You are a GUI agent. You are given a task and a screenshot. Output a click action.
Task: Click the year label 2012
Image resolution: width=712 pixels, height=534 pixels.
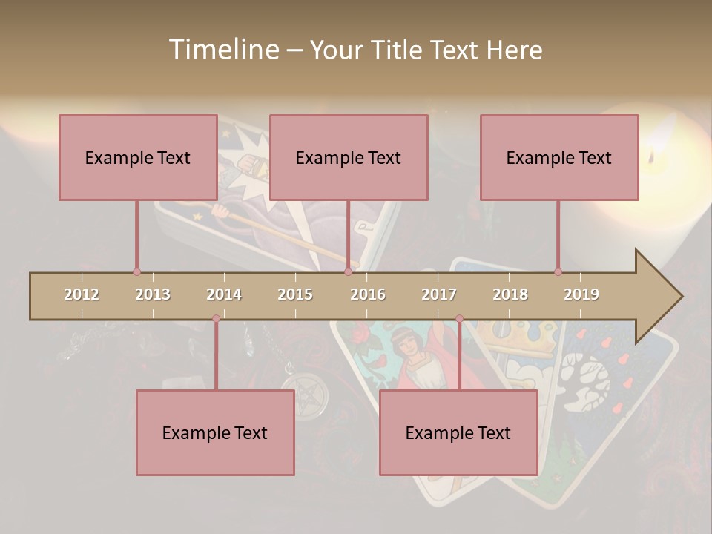82,294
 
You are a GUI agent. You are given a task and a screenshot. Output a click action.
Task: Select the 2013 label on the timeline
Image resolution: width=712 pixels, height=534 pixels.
153,294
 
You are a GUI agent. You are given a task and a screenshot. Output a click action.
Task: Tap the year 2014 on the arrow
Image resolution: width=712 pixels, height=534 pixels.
224,294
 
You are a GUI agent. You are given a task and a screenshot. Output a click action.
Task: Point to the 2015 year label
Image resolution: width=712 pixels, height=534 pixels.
295,294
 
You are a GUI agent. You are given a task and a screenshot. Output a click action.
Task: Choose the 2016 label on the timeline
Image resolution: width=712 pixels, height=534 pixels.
368,294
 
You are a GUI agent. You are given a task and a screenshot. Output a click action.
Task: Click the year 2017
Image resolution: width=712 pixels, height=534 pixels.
439,294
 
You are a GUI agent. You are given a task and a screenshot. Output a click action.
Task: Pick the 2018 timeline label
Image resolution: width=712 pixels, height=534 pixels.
510,294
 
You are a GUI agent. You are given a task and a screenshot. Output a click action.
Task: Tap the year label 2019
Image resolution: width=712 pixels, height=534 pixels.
581,294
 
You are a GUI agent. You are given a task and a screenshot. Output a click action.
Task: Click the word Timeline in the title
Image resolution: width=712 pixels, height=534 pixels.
222,50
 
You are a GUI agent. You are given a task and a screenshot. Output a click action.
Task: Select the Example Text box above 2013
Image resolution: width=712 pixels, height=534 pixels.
138,157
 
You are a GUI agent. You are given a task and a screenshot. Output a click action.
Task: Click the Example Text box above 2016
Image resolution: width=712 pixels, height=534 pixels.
349,157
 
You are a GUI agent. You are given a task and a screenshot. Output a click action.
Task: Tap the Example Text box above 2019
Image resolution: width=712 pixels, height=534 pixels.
559,157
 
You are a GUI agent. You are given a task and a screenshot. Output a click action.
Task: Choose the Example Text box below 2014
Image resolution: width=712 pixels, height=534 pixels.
215,432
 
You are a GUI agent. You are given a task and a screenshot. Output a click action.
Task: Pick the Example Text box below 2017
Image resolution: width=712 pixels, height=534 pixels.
458,432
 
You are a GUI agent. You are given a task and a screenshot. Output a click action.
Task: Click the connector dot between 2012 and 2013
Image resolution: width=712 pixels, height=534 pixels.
136,272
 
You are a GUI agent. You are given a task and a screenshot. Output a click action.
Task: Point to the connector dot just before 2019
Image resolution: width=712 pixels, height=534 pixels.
558,272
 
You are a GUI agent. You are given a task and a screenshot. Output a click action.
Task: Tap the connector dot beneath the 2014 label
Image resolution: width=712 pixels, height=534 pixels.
216,319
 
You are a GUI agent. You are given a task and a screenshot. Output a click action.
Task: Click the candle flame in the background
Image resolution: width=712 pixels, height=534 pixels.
651,157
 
